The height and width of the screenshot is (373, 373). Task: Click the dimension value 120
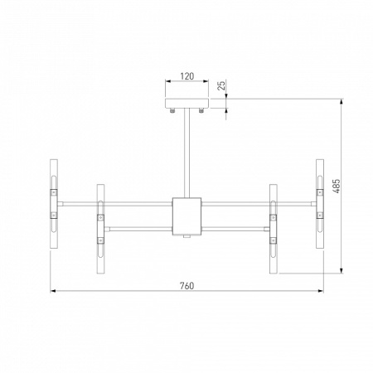(x=186, y=76)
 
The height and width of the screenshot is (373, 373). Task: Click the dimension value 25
(x=222, y=86)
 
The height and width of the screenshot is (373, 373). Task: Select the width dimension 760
(x=186, y=285)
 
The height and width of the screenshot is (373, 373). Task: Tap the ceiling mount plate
(x=186, y=104)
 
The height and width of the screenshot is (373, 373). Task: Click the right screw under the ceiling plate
(x=201, y=110)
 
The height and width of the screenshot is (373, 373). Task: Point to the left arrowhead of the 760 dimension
(x=53, y=291)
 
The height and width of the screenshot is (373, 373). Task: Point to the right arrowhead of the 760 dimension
(x=320, y=291)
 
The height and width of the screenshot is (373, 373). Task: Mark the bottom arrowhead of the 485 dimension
(x=342, y=271)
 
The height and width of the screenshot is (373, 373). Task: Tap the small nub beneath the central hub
(x=186, y=237)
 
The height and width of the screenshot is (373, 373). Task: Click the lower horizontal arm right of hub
(x=236, y=225)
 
